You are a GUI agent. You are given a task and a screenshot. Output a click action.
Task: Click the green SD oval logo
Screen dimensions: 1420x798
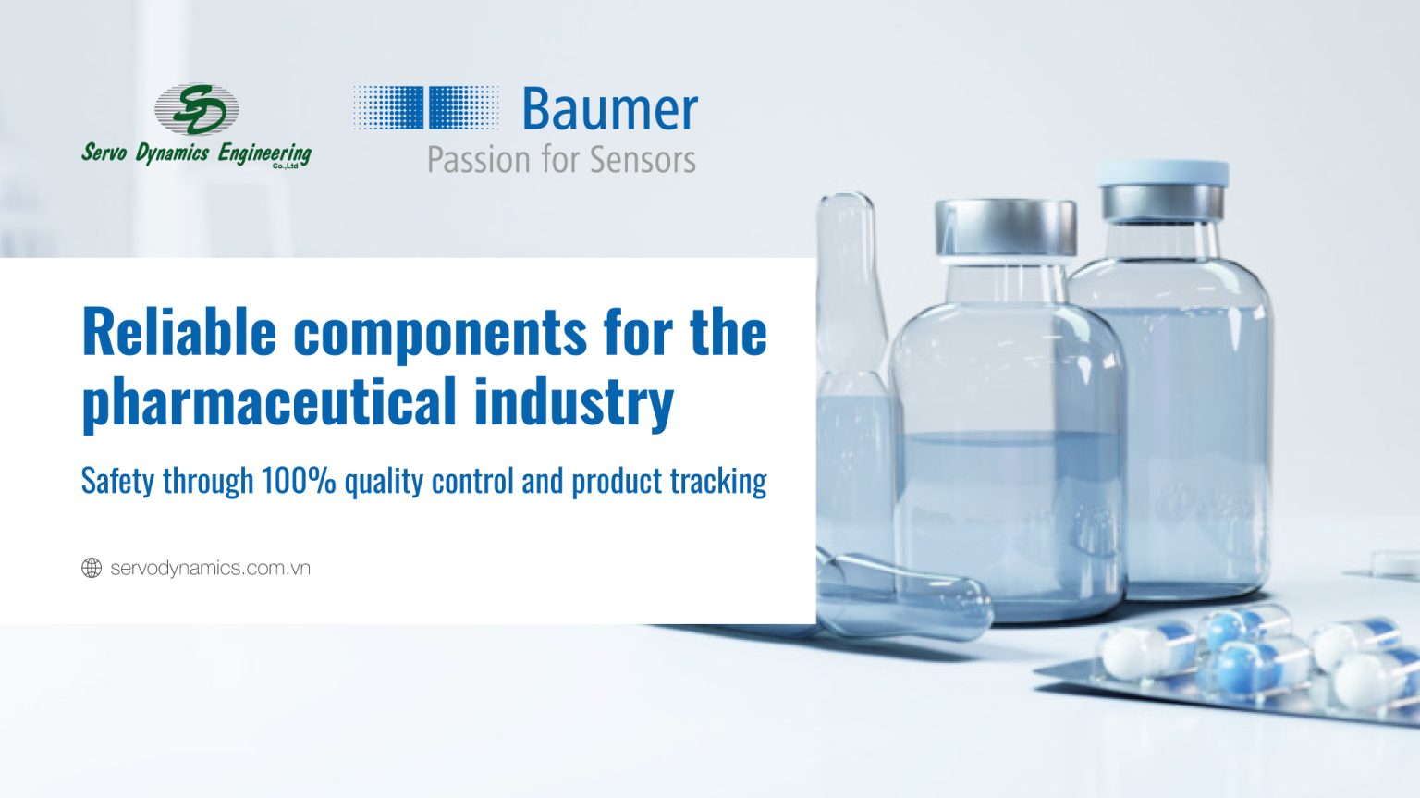coord(197,109)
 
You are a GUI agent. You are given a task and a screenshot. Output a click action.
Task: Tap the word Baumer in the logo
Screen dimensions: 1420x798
coord(609,109)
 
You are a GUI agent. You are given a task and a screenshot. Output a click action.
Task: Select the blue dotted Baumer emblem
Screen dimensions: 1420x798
coord(426,108)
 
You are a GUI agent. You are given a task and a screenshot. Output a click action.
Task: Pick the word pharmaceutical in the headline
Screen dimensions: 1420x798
coord(270,402)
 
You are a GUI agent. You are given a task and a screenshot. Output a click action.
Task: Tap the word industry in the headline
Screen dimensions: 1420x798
coord(574,402)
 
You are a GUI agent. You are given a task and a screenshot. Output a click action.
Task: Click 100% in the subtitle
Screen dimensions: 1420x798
coord(299,481)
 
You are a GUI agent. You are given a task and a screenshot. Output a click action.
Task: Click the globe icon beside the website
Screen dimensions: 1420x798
coord(92,568)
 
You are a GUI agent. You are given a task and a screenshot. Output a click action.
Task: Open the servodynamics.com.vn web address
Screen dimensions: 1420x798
coord(211,569)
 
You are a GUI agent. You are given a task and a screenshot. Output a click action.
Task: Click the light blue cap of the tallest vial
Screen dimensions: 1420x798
coord(1163,173)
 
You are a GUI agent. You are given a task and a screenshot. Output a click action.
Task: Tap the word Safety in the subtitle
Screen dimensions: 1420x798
coord(118,482)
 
